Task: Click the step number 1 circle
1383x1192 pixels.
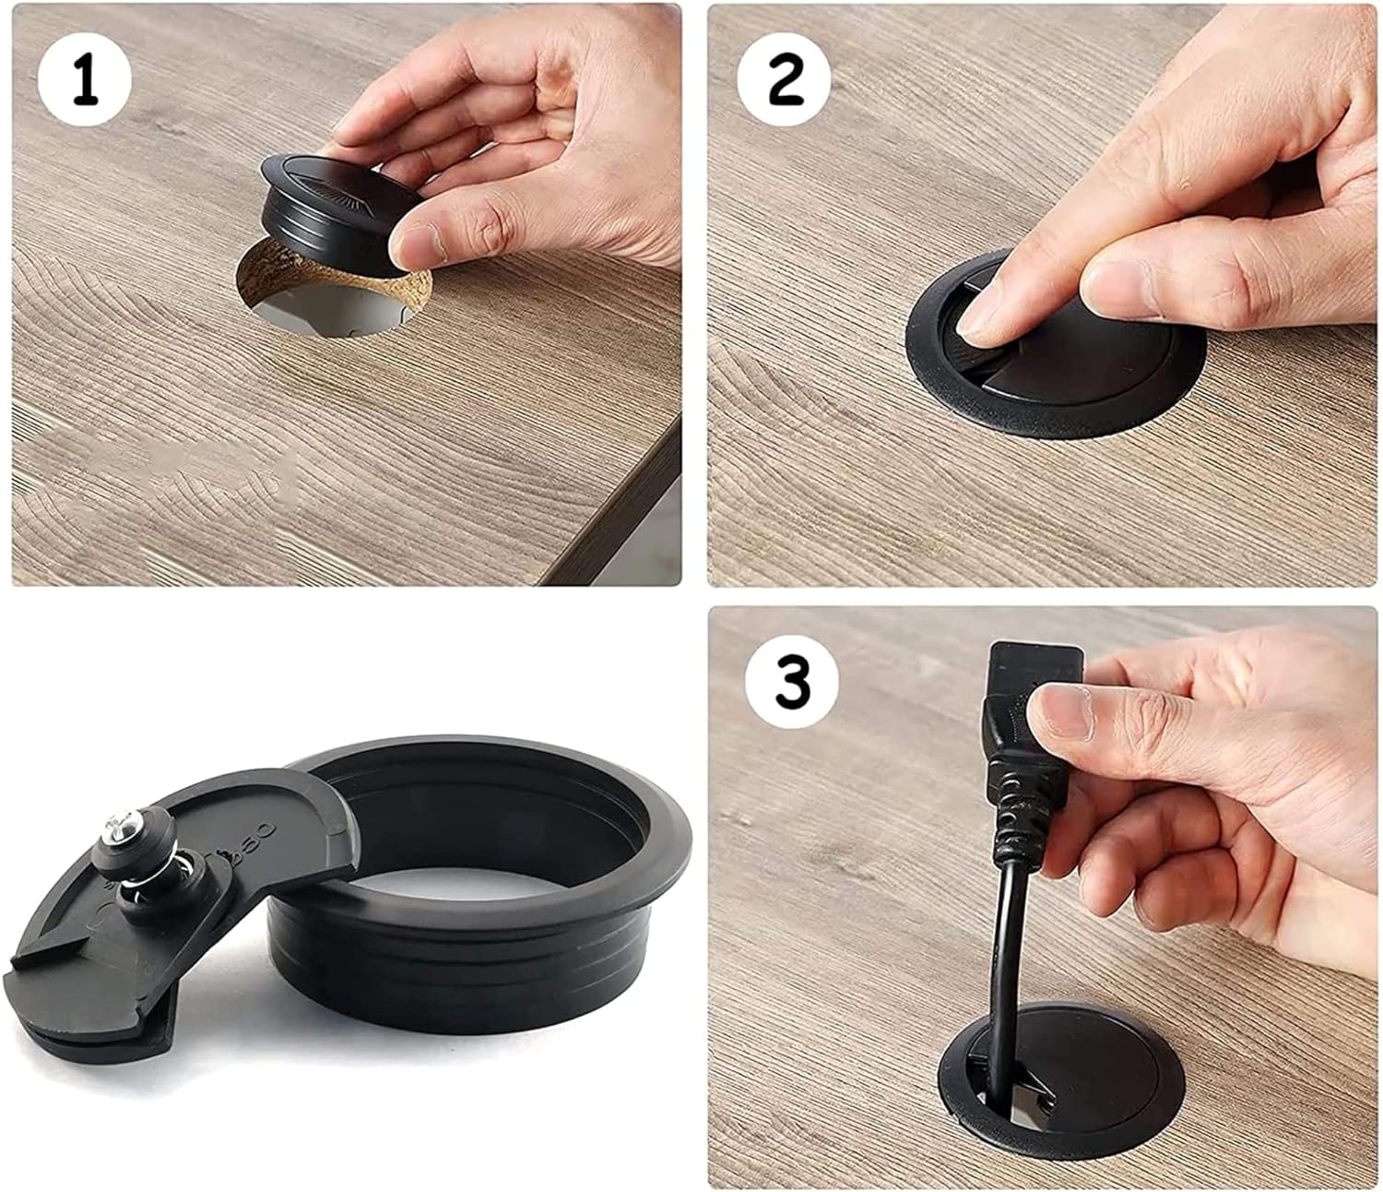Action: coord(84,79)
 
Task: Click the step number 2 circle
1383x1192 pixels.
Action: coord(784,80)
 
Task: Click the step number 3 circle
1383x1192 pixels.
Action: coord(792,682)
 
